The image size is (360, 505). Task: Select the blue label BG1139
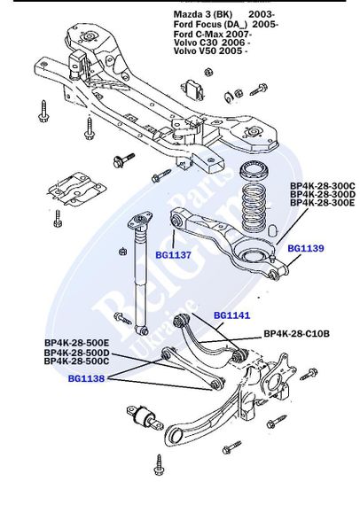point(305,249)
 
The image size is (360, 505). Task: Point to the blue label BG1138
point(87,378)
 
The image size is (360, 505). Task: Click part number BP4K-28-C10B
point(296,334)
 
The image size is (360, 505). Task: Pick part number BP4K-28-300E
point(322,204)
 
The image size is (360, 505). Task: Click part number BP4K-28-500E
point(76,343)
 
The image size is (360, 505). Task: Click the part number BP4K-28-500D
point(76,352)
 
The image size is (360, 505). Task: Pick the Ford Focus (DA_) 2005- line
point(225,25)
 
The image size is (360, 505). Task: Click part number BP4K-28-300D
point(322,195)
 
